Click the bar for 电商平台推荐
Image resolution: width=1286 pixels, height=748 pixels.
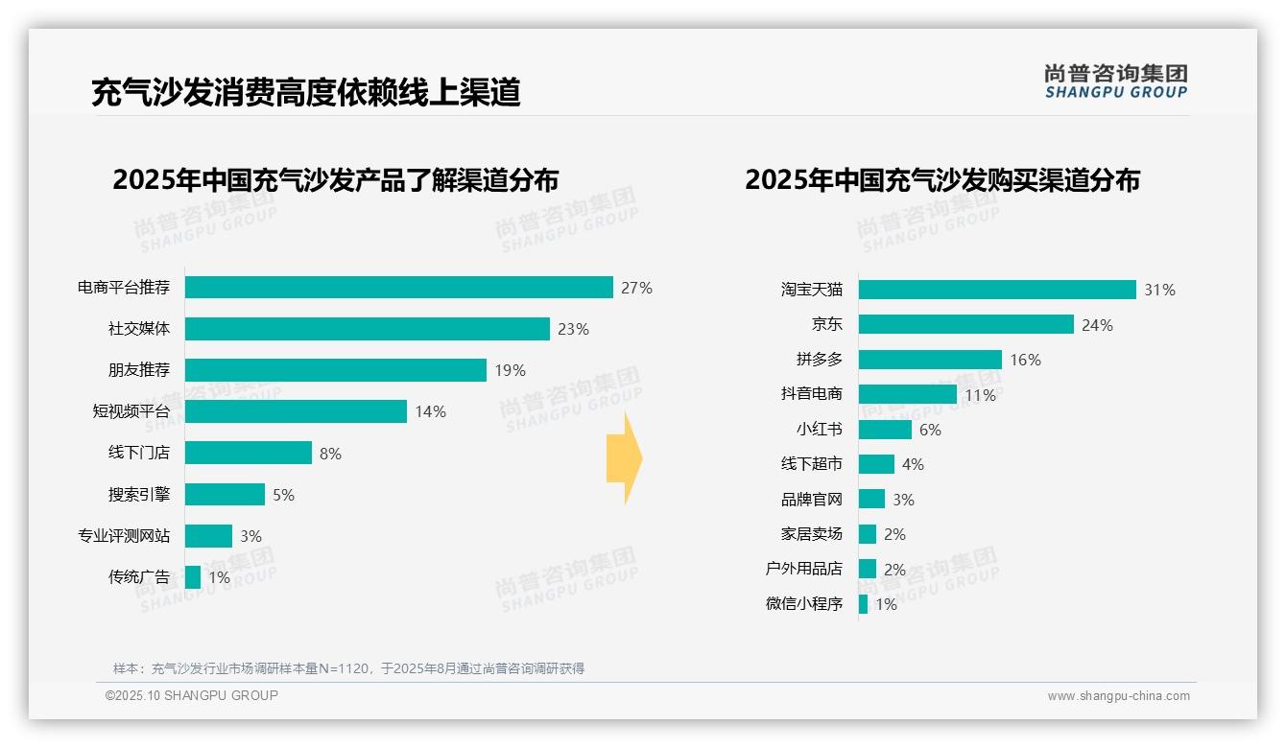pyautogui.click(x=398, y=288)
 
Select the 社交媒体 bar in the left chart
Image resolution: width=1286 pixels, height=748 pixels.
pyautogui.click(x=367, y=329)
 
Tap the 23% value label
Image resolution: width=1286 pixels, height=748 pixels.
pyautogui.click(x=573, y=329)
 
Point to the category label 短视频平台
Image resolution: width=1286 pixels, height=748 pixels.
pyautogui.click(x=131, y=411)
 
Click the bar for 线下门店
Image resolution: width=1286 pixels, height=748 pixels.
pyautogui.click(x=248, y=453)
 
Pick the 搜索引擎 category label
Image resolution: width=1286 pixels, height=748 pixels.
pyautogui.click(x=138, y=495)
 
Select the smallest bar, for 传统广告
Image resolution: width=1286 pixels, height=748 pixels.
pyautogui.click(x=193, y=577)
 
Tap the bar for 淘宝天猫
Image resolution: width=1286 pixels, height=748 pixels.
pyautogui.click(x=996, y=290)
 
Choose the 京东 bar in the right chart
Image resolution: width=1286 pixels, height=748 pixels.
pyautogui.click(x=965, y=324)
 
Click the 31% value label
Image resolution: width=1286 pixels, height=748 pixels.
pyautogui.click(x=1159, y=290)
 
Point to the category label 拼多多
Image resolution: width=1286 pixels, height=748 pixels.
pyautogui.click(x=819, y=360)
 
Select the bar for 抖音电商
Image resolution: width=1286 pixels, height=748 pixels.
pyautogui.click(x=907, y=394)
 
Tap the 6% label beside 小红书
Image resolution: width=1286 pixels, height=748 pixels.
pyautogui.click(x=930, y=430)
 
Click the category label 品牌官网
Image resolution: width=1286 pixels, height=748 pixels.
pyautogui.click(x=811, y=500)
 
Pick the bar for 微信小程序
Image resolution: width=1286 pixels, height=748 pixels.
pyautogui.click(x=863, y=604)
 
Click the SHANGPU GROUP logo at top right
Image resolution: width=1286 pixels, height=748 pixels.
pyautogui.click(x=1115, y=81)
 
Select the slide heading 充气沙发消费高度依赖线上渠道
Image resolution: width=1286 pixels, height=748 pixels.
pyautogui.click(x=305, y=92)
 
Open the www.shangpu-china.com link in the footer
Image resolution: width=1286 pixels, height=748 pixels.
pyautogui.click(x=1118, y=696)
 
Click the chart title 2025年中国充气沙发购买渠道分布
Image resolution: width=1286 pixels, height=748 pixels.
pyautogui.click(x=941, y=180)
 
